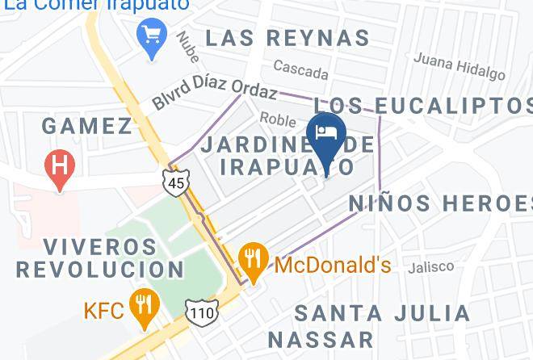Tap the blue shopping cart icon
(x=152, y=36)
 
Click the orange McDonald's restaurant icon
(x=254, y=260)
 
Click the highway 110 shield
(x=198, y=311)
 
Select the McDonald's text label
(x=333, y=265)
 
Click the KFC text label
(x=104, y=310)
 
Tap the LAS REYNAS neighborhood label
(x=287, y=38)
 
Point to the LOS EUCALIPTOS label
(x=422, y=105)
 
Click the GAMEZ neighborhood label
(x=86, y=126)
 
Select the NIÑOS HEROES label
(x=441, y=203)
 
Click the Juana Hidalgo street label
(x=459, y=66)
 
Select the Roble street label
(x=278, y=119)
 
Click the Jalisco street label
(x=431, y=266)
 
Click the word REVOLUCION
(x=100, y=269)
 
